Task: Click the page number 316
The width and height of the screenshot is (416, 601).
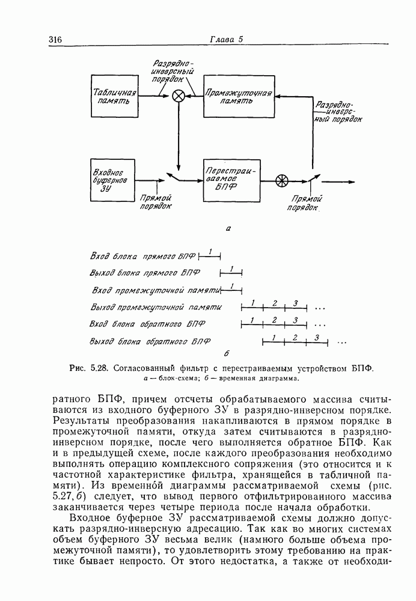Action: click(55, 40)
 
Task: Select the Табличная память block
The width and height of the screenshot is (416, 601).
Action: click(114, 96)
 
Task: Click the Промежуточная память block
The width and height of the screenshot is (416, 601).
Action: click(238, 96)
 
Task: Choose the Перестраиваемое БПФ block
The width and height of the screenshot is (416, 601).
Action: click(231, 180)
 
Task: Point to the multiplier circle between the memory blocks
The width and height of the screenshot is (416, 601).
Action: click(179, 96)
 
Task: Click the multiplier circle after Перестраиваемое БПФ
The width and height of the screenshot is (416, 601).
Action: click(281, 180)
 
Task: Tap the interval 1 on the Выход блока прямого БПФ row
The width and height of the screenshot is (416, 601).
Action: click(231, 269)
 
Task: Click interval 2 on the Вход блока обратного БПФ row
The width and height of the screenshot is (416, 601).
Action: click(274, 320)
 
